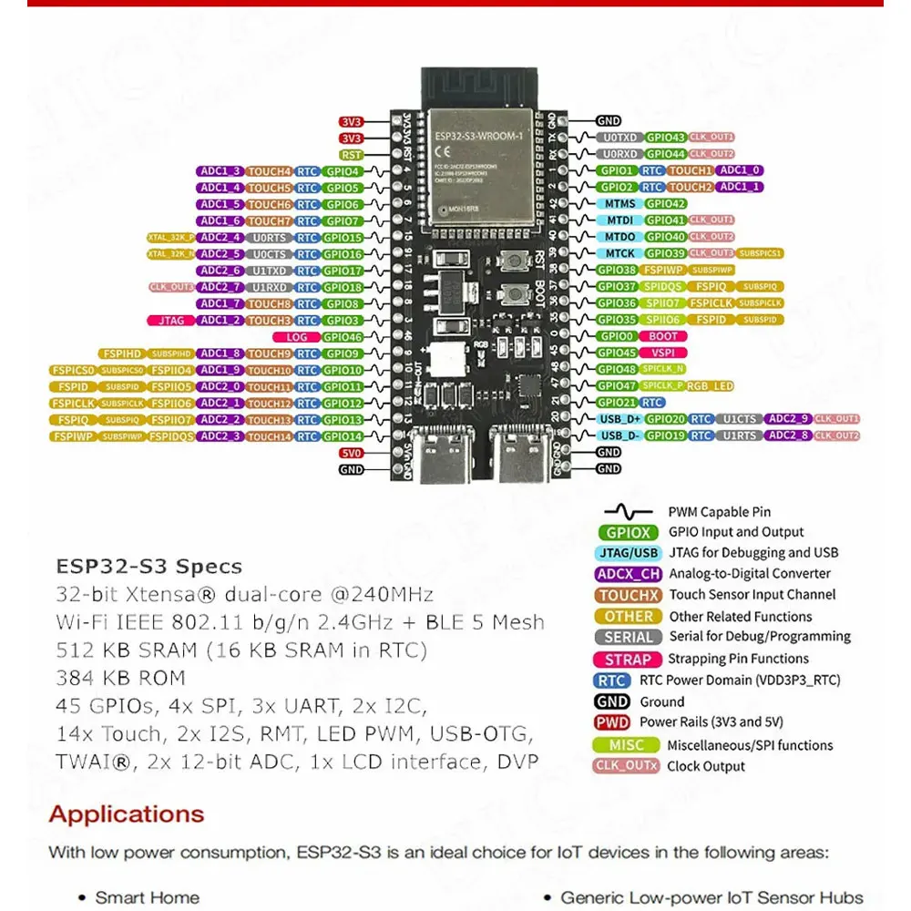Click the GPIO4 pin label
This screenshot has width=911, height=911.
343,171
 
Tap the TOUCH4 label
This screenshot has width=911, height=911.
270,171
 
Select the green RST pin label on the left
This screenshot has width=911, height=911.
352,155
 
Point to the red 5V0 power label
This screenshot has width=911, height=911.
352,453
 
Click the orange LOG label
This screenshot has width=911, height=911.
297,337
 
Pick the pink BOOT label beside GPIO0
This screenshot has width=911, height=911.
663,336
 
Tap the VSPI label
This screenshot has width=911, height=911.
662,353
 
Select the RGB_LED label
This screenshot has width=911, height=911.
711,386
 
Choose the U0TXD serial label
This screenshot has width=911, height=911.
619,138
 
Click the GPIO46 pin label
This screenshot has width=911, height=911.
343,337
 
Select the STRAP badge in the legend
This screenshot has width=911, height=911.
627,659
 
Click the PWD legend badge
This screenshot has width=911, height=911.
612,722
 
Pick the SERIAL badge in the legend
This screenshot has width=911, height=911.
628,638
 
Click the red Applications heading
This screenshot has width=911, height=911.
127,814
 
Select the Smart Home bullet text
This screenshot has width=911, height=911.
148,897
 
